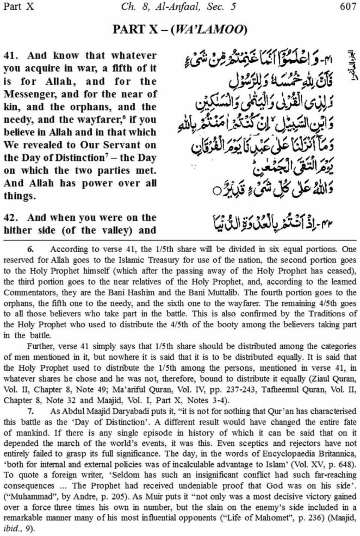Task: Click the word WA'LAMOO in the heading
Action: pos(208,30)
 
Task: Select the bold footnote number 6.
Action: pos(30,249)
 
